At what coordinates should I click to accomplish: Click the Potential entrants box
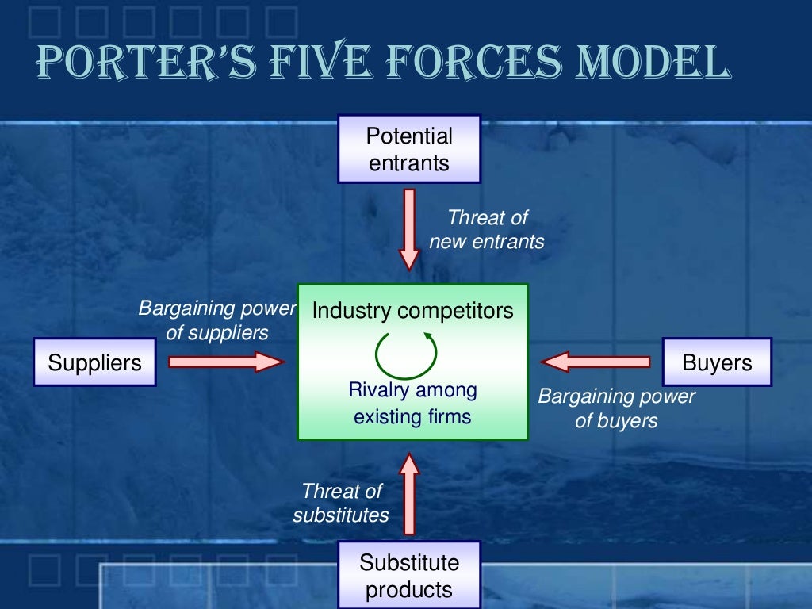409,149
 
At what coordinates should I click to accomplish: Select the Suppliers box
94,362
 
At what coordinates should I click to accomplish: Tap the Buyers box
717,362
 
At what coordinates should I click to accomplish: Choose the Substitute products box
409,576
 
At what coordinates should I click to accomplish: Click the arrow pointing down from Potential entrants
409,228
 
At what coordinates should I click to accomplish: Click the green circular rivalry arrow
406,354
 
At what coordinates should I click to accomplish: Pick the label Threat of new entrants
487,229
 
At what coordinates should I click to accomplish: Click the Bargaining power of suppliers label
217,320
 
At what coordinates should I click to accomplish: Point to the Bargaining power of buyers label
616,408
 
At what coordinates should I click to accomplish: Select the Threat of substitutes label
342,503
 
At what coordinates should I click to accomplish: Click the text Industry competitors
412,310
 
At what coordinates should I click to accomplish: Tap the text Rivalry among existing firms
412,403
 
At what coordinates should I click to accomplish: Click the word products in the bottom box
409,590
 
